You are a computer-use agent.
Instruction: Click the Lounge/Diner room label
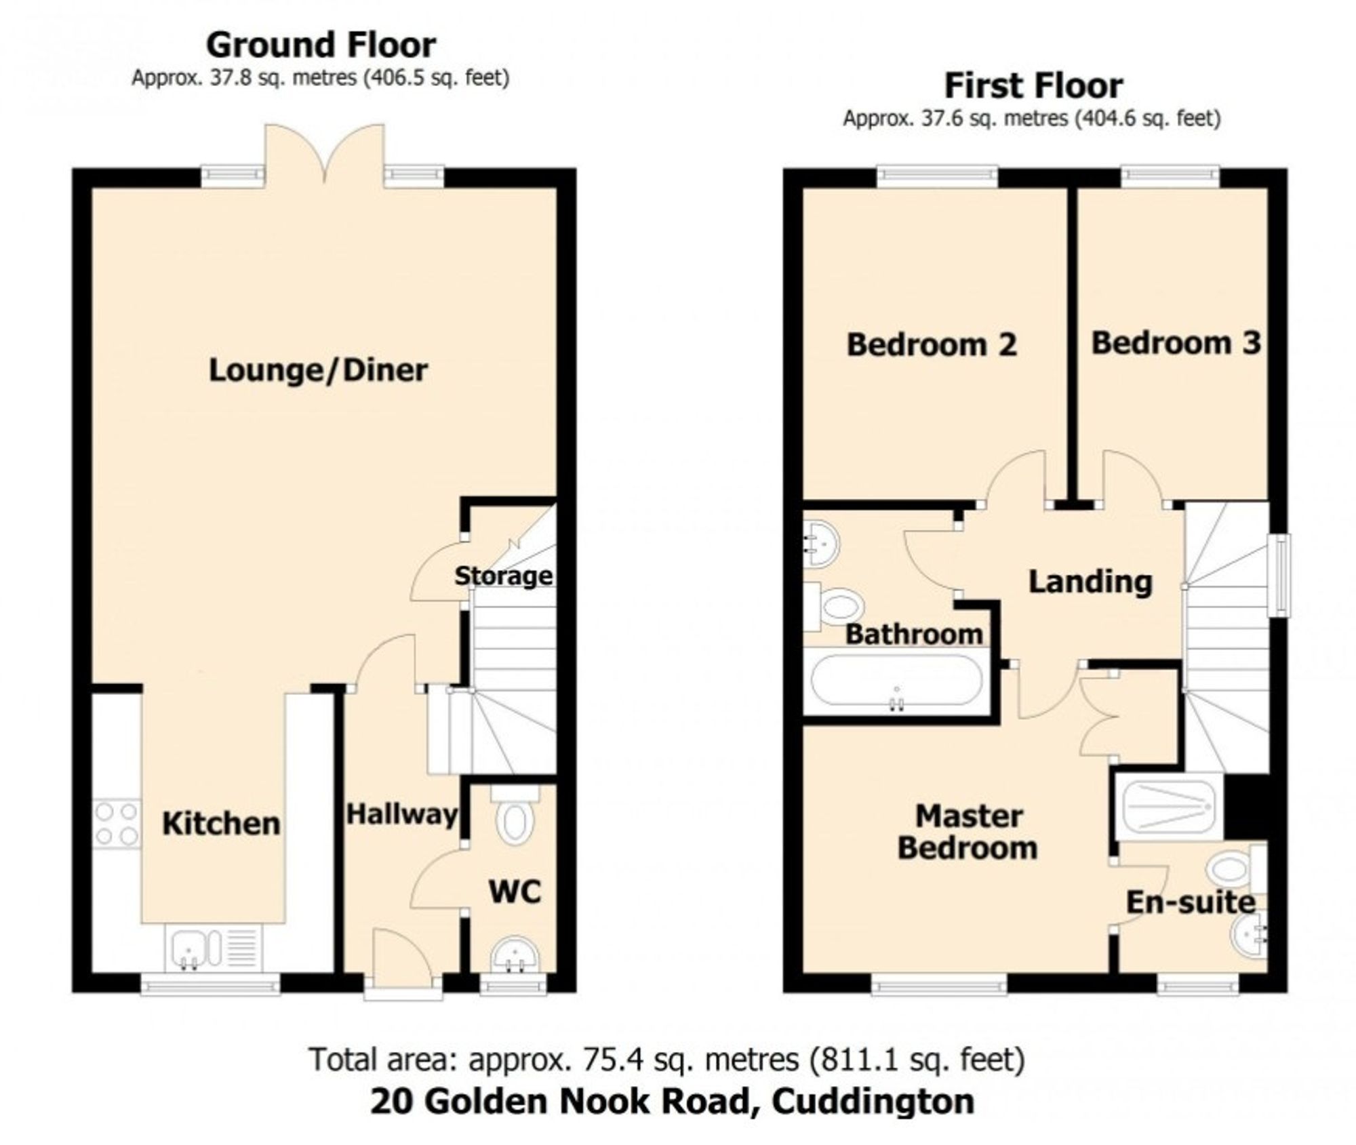point(318,371)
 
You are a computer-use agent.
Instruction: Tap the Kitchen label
point(221,824)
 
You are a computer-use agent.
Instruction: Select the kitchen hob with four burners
point(117,824)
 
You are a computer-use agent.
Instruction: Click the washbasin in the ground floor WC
point(515,957)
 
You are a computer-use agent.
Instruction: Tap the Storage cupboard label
point(503,576)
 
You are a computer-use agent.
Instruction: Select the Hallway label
point(402,814)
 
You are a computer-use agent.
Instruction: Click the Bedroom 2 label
point(932,344)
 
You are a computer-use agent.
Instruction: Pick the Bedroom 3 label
point(1176,342)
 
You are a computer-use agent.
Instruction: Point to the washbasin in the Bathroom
point(822,543)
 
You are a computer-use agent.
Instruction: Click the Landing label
point(1090,582)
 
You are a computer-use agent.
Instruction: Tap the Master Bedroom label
point(968,832)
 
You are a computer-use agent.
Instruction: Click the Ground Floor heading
point(321,45)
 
